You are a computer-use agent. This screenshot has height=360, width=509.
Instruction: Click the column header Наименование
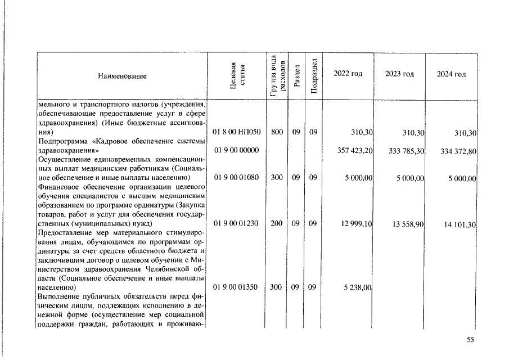click(122, 76)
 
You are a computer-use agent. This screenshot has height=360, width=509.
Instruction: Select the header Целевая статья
click(236, 75)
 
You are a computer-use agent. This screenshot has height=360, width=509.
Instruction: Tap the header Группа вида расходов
click(276, 75)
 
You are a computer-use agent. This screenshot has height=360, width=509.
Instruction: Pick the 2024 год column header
click(451, 75)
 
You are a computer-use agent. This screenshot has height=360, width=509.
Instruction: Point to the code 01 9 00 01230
click(236, 223)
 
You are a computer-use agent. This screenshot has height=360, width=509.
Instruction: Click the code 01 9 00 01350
click(236, 287)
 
